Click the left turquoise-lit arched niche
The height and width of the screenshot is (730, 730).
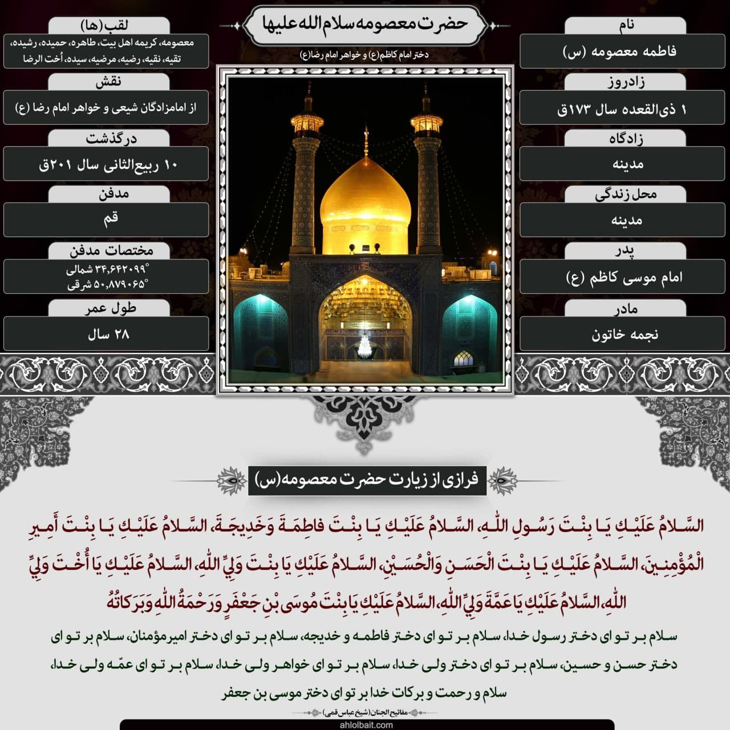pyautogui.click(x=261, y=331)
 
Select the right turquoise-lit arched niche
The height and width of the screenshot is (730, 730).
pyautogui.click(x=469, y=331)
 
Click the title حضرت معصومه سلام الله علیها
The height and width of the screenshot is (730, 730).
pyautogui.click(x=365, y=24)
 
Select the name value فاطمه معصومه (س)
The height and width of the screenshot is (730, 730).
pyautogui.click(x=622, y=51)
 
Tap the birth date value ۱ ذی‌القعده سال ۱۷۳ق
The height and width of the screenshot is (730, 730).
pyautogui.click(x=622, y=108)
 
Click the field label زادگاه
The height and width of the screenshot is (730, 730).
pyautogui.click(x=626, y=139)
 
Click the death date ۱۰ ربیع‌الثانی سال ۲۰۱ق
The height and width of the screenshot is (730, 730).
pyautogui.click(x=107, y=165)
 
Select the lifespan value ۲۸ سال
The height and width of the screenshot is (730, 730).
pyautogui.click(x=108, y=334)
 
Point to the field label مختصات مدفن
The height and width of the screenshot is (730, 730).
pyautogui.click(x=111, y=251)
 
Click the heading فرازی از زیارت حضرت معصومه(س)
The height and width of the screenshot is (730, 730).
pyautogui.click(x=367, y=480)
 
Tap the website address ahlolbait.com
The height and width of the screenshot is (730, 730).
pyautogui.click(x=366, y=725)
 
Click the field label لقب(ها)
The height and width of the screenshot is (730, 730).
pyautogui.click(x=109, y=25)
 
